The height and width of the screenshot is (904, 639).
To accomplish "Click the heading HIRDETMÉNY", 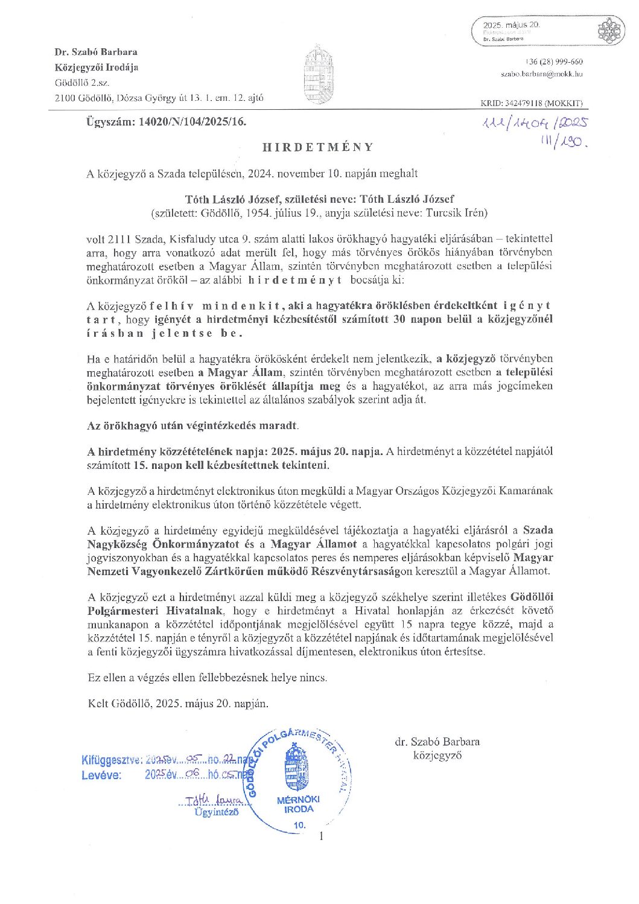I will tap(318, 147).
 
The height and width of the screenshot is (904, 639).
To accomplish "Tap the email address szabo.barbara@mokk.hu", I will tap(541, 74).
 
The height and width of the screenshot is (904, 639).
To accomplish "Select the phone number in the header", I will tap(553, 62).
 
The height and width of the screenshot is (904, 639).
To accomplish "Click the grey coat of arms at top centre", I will tap(318, 74).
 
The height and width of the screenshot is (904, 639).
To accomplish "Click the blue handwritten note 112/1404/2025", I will tap(535, 124).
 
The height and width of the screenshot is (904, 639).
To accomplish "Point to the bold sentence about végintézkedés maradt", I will tap(192, 425).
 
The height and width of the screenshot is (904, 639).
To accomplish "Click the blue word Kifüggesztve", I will tap(112, 760).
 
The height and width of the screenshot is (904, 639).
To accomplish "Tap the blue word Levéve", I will tap(101, 775).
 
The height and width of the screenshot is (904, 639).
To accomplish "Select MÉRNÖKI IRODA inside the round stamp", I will tap(299, 804).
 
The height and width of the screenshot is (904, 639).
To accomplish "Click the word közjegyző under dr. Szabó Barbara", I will tap(437, 755).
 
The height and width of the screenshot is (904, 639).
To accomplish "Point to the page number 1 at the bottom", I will tap(321, 836).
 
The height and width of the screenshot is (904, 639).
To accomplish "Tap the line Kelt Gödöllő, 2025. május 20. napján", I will tap(178, 703).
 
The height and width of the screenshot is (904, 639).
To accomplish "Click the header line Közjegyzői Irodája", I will tap(97, 67).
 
